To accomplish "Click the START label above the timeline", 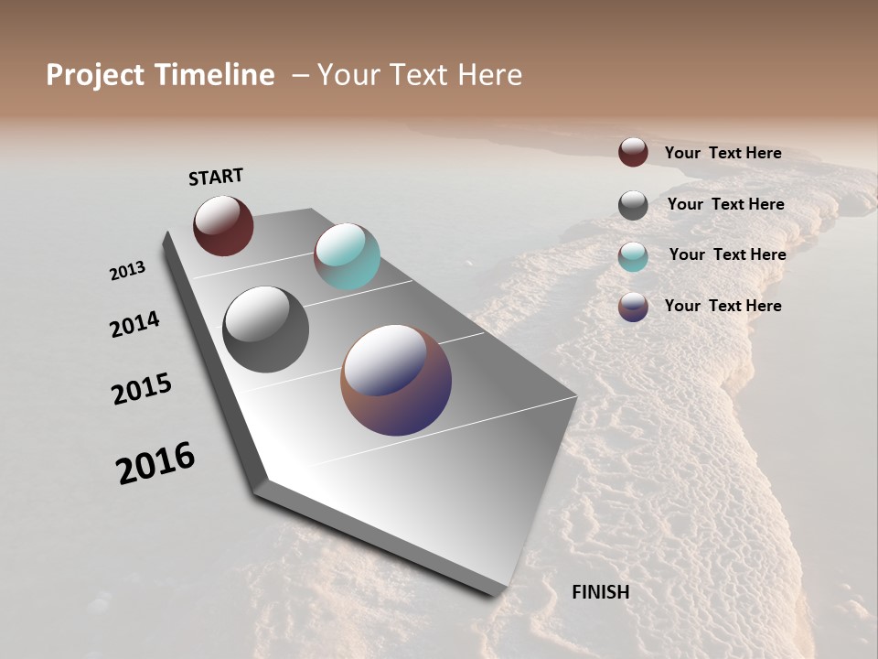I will [x=216, y=177].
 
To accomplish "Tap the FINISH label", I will [x=600, y=592].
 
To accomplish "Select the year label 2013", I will [x=127, y=271].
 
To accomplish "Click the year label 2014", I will [x=134, y=325].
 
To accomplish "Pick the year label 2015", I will [x=142, y=389].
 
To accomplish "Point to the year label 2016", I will [x=155, y=463].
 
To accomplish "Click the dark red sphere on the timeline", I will [x=223, y=225].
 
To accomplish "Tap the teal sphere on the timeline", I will [x=347, y=256].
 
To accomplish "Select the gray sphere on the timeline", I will [x=266, y=329].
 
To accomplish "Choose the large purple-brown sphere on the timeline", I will [x=396, y=380].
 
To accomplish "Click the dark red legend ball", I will [x=633, y=152].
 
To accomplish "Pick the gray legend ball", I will [x=633, y=205].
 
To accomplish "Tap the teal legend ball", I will [x=633, y=256].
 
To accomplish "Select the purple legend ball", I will [x=633, y=307].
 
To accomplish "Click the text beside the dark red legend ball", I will [x=723, y=153].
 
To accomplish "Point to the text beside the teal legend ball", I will [x=727, y=254].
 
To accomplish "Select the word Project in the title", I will [x=94, y=75].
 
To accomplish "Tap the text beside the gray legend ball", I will [x=725, y=204].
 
